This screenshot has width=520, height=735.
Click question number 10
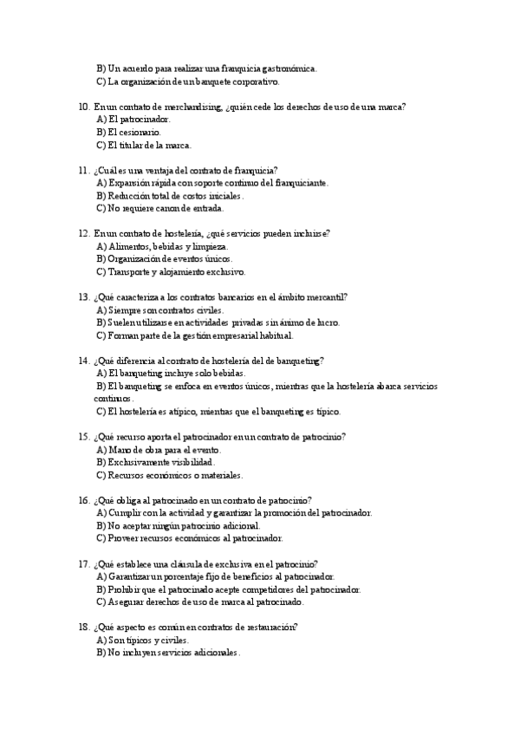(x=83, y=107)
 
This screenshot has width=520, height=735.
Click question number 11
(x=83, y=170)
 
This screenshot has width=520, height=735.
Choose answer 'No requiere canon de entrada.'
(x=160, y=208)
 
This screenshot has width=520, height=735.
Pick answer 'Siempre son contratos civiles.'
(x=159, y=309)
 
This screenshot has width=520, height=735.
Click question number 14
(x=83, y=360)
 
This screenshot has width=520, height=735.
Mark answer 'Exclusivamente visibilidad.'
(x=155, y=462)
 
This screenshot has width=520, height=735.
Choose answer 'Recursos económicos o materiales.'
(x=170, y=475)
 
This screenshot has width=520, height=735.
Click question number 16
(x=83, y=500)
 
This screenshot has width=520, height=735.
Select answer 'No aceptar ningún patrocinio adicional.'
(x=178, y=525)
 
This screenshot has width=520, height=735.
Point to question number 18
(x=83, y=627)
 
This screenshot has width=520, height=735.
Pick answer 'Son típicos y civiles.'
(x=143, y=640)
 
